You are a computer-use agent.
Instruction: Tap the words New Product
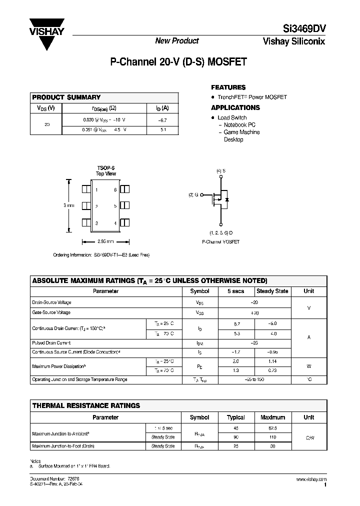coord(176,41)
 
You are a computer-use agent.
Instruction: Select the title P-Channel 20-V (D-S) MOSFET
coord(178,62)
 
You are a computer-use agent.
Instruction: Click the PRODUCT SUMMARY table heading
coord(66,97)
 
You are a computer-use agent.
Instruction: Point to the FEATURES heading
coord(228,87)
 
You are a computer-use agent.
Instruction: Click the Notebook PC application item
coord(239,125)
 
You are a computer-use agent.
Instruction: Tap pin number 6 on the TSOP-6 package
coord(115,190)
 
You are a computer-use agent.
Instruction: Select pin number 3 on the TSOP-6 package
coord(96,223)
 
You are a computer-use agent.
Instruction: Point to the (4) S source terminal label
coord(220,171)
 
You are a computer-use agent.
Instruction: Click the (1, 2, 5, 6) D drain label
coord(220,233)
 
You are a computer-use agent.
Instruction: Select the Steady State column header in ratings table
coord(272,291)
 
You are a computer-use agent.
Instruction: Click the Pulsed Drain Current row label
coord(51,343)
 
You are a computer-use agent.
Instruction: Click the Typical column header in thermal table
coord(236,417)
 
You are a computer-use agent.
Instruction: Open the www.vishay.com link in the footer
coord(311,479)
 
